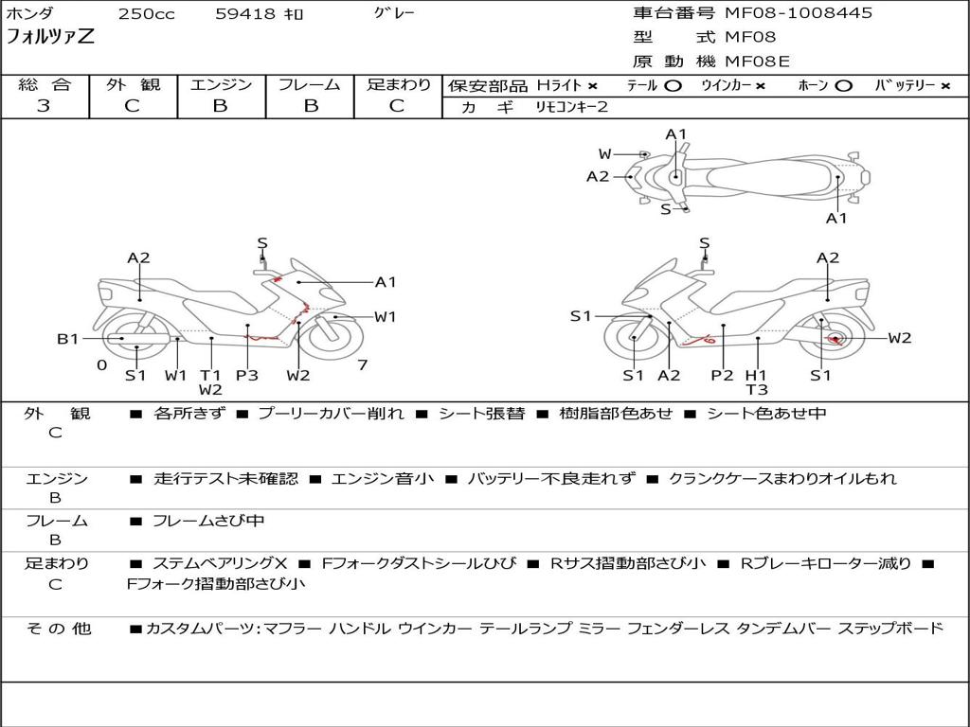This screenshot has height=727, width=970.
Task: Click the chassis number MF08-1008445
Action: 799,13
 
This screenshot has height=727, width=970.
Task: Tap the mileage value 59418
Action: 244,14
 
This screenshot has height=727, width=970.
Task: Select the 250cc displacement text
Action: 146,14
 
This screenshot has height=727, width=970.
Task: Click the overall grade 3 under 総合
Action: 44,106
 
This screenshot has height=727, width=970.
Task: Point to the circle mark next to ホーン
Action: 843,85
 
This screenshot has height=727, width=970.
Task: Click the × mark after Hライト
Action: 592,85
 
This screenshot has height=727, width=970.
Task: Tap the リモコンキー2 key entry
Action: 572,107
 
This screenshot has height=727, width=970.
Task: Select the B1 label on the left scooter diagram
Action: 67,338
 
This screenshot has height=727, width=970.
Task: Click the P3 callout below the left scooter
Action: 247,375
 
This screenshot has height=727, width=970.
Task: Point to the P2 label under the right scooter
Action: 722,375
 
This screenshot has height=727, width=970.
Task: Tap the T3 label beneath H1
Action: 757,389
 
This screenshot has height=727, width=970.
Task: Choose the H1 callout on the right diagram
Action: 757,375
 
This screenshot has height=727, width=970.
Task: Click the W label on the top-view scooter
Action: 604,154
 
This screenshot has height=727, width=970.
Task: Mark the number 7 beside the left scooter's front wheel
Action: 362,364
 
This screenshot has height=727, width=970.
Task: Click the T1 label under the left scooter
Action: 210,375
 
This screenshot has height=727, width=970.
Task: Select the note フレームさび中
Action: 208,521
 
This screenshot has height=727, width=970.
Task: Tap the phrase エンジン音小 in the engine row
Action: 383,479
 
